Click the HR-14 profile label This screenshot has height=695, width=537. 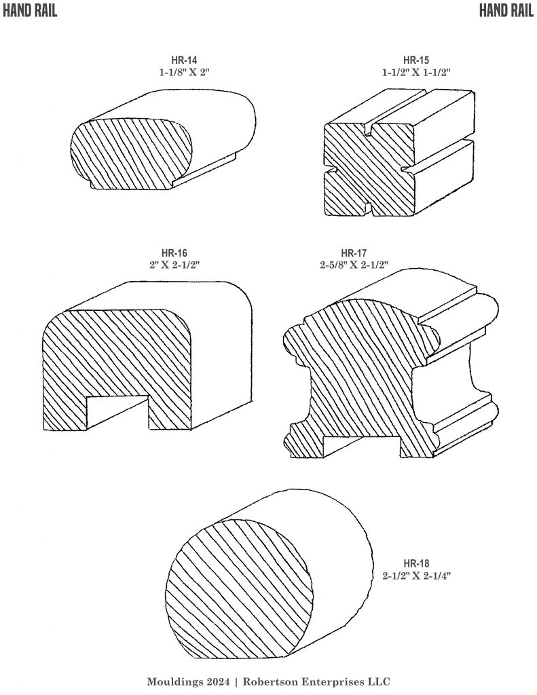184,60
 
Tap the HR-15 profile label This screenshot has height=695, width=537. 416,60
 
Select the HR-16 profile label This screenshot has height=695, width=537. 174,253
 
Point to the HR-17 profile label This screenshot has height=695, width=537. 354,253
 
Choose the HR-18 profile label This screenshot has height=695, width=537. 416,564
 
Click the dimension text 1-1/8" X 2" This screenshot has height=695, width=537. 184,72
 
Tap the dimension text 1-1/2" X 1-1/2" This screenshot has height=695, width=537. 416,72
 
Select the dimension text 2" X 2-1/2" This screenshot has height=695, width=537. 174,265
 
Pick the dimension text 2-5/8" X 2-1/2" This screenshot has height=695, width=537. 354,265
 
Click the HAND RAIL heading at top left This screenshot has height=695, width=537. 30,11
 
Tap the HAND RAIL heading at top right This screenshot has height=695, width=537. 506,11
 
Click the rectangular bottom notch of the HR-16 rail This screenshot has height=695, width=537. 117,412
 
